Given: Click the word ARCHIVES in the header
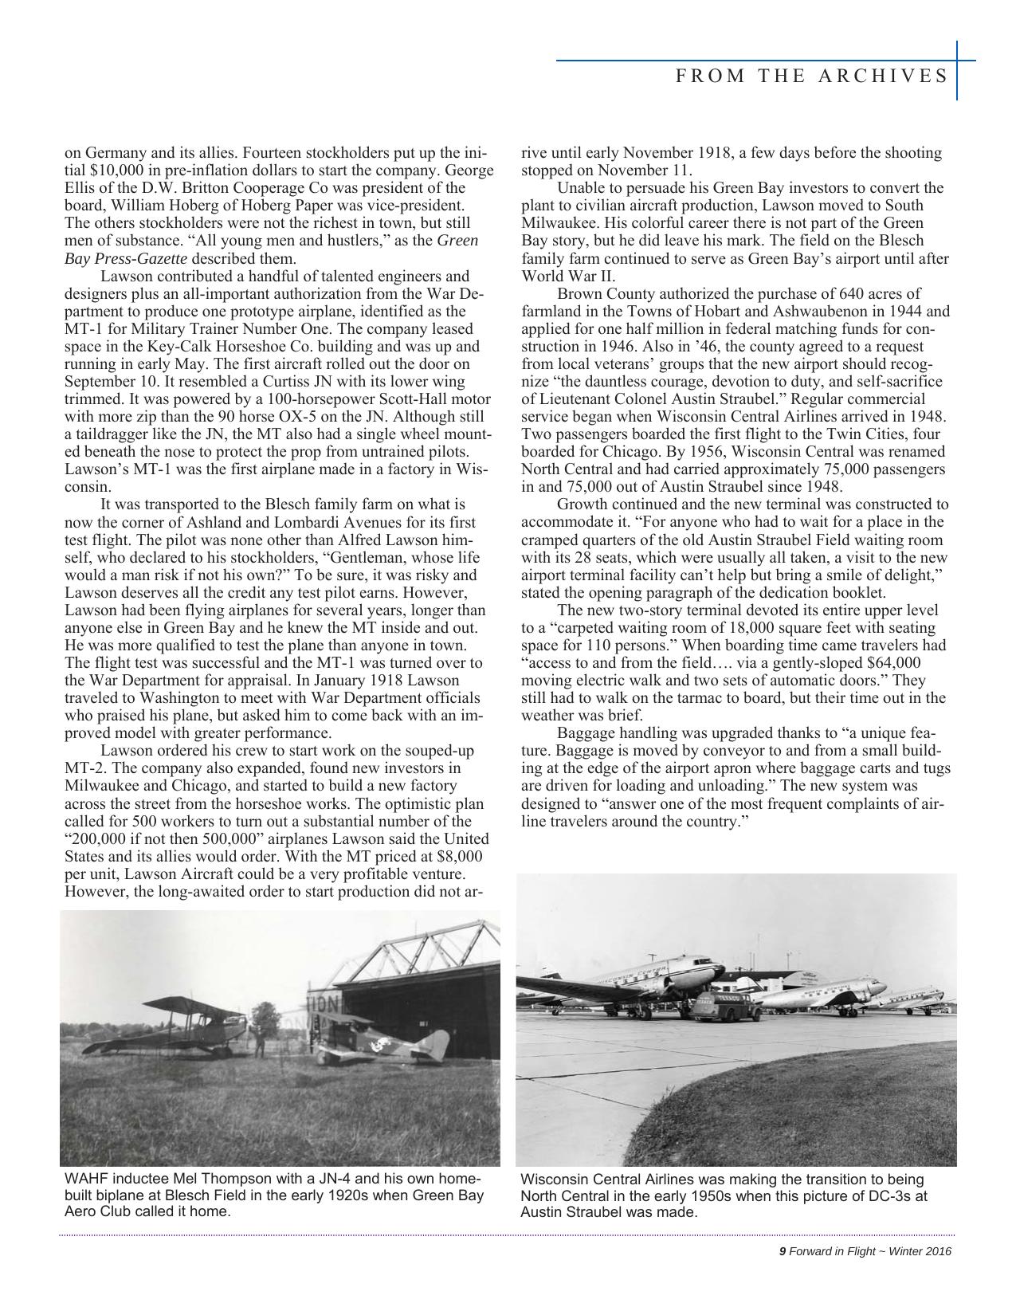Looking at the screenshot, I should coord(904,76).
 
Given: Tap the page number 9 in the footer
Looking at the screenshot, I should coord(783,1251).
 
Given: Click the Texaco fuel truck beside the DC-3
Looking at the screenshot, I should coord(720,1005).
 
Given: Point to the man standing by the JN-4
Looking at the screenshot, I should coord(259,1041).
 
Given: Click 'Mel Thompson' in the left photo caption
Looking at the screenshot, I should coord(191,1179).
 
